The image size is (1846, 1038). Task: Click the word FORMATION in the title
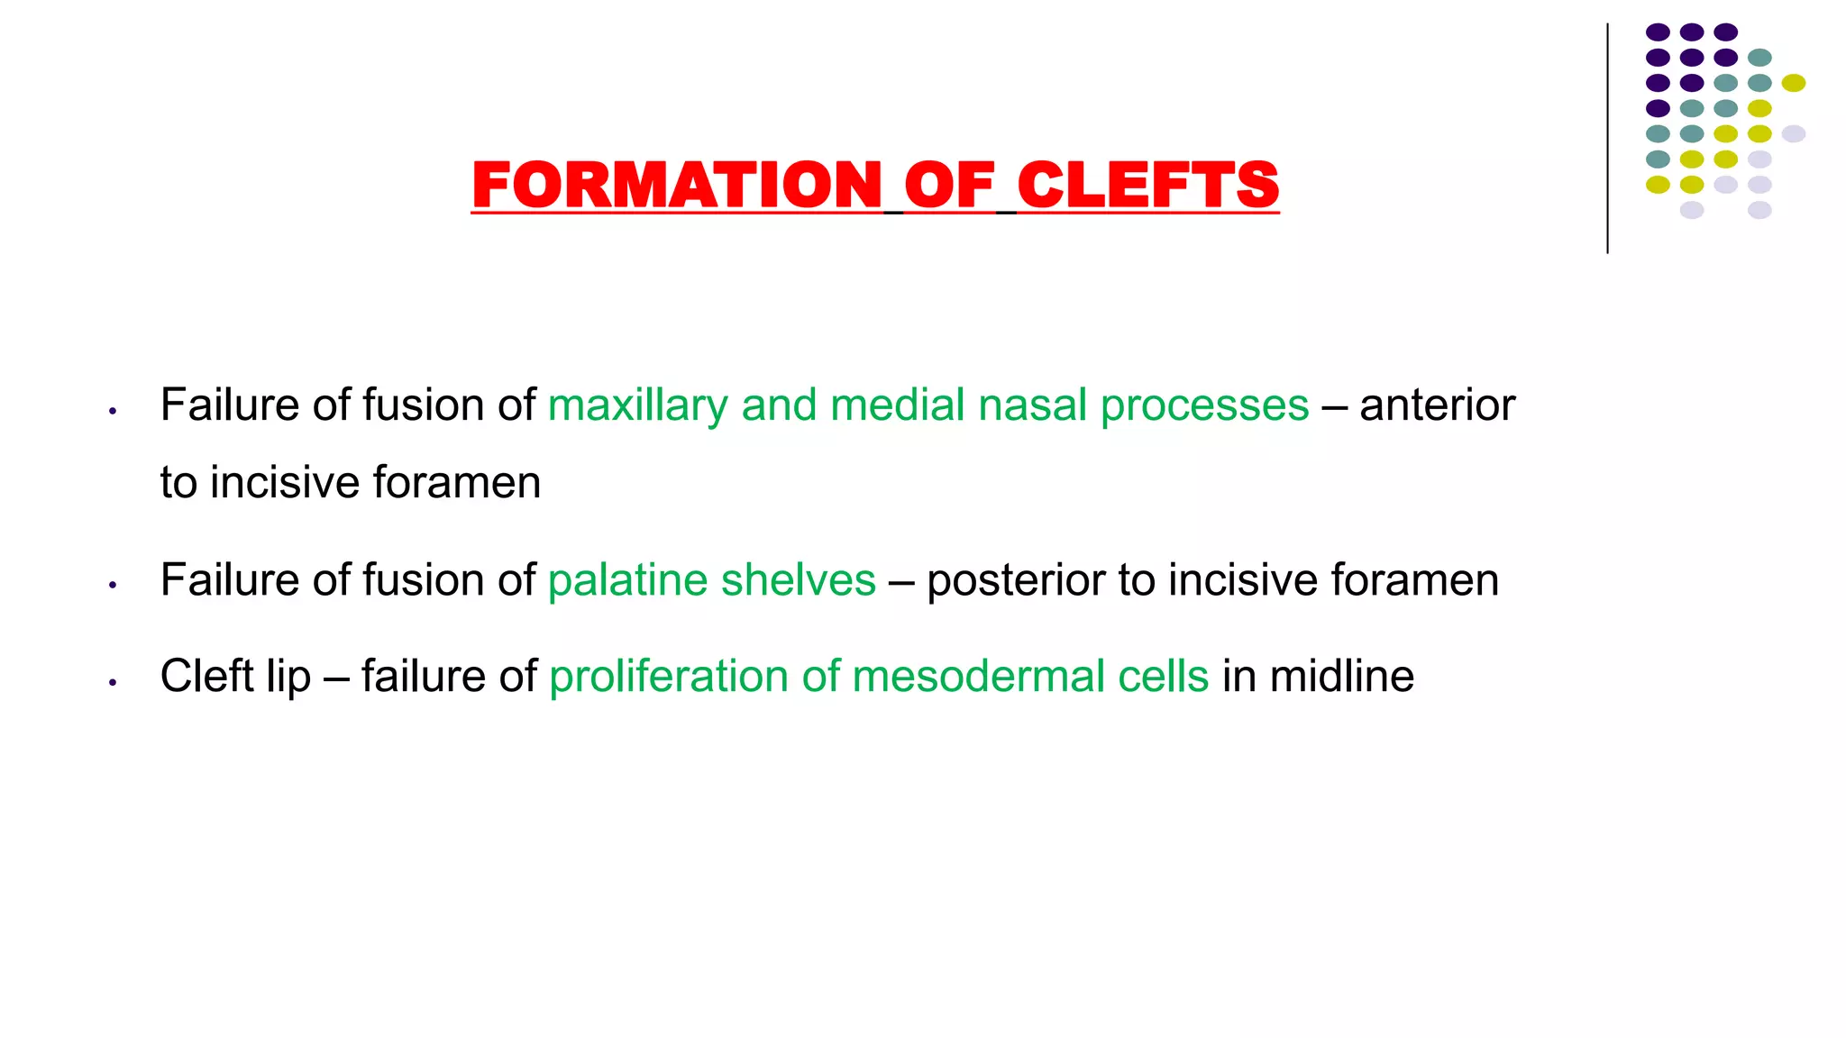pyautogui.click(x=676, y=185)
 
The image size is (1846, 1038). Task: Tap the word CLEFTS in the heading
pyautogui.click(x=1147, y=185)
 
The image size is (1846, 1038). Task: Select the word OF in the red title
pyautogui.click(x=949, y=185)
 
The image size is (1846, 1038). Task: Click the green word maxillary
pyautogui.click(x=637, y=405)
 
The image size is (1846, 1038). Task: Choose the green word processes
pyautogui.click(x=1204, y=406)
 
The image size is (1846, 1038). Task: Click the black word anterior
pyautogui.click(x=1437, y=405)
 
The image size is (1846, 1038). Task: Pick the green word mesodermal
pyautogui.click(x=978, y=676)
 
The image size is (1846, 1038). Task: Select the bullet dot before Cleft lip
pyautogui.click(x=113, y=682)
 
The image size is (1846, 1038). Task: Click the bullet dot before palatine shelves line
pyautogui.click(x=113, y=585)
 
